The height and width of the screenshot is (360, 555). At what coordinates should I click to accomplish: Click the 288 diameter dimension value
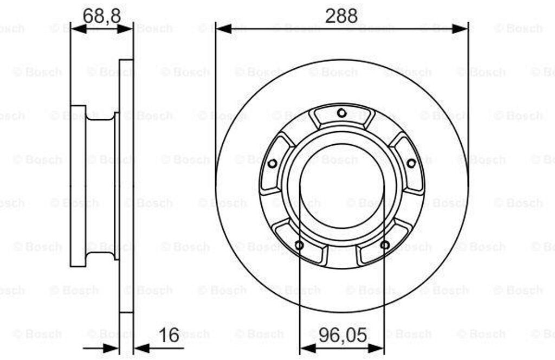click(x=341, y=15)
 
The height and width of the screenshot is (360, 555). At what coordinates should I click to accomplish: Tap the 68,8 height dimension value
click(x=101, y=15)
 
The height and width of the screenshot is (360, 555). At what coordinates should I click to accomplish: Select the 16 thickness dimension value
click(x=169, y=335)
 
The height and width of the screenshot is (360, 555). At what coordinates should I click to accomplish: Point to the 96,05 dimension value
click(x=343, y=335)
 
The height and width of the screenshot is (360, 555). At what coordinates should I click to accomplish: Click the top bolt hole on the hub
click(x=341, y=113)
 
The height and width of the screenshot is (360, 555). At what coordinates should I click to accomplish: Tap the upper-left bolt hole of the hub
click(x=272, y=164)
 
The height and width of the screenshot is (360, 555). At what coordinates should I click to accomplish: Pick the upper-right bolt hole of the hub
click(x=411, y=164)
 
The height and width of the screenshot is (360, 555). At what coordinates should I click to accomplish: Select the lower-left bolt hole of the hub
click(x=299, y=245)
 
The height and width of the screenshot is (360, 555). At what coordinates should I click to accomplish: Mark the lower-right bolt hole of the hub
click(x=385, y=245)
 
